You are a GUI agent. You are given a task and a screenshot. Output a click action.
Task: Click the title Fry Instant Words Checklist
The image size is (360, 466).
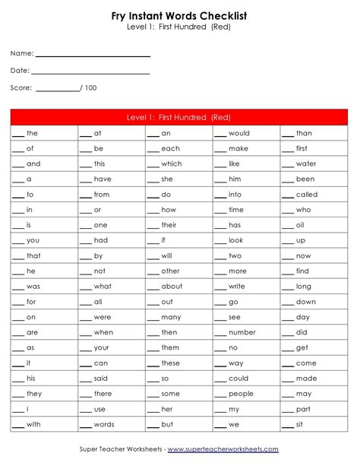[179, 15]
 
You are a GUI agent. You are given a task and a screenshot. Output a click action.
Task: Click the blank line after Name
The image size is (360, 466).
[93, 55]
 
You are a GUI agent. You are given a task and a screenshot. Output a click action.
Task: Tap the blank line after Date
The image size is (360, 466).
[90, 73]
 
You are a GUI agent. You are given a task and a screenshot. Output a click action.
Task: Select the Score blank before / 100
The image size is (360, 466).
[57, 90]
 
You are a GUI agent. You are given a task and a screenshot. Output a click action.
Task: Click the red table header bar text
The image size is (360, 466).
[179, 117]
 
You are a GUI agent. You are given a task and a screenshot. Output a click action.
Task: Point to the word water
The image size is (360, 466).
[306, 163]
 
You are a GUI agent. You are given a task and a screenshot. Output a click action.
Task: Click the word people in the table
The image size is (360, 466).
[241, 394]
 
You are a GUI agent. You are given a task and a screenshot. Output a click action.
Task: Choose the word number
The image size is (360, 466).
[242, 332]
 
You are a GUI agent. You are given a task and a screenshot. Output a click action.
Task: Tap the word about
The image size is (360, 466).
[172, 287]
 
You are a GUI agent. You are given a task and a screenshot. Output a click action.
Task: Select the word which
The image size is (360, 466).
[172, 163]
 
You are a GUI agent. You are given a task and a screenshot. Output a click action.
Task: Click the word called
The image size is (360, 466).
[307, 195]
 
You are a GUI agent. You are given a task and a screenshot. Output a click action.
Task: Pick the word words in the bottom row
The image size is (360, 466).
[104, 424]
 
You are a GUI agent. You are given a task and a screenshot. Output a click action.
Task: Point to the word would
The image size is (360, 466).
[239, 133]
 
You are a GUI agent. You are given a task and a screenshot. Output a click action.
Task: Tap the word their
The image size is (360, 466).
[169, 225]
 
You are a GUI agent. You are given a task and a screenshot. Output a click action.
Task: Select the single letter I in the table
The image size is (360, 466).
[28, 409]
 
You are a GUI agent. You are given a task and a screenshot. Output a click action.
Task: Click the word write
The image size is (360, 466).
[237, 287]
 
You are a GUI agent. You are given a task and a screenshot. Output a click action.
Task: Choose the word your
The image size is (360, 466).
[102, 347]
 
